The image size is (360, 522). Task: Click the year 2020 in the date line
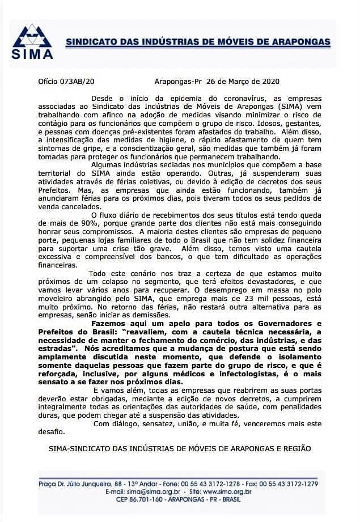[x=268, y=82]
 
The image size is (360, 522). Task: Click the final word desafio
[x=49, y=431]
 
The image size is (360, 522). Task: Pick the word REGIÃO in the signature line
[x=297, y=448]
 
